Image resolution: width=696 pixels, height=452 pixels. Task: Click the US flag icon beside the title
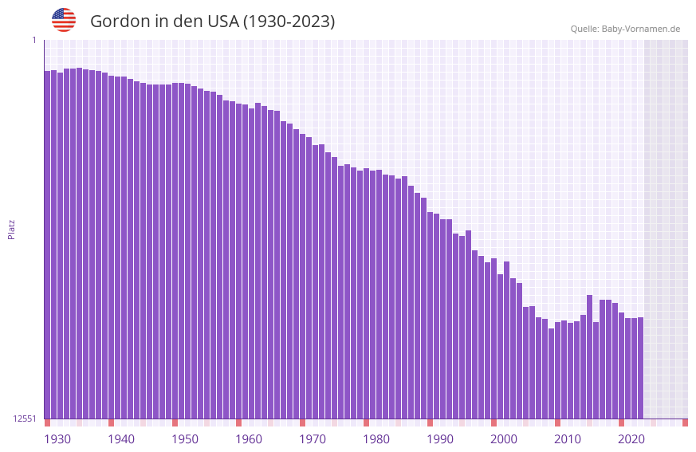64,20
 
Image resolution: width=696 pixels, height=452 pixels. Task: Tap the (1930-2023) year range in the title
289,22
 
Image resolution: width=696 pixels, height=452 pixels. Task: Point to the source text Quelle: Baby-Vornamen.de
625,29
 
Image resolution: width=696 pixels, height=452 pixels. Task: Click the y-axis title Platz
11,229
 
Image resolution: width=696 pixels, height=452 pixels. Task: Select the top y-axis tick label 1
33,40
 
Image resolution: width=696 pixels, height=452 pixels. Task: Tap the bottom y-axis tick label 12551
24,419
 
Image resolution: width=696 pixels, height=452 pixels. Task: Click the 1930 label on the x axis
57,438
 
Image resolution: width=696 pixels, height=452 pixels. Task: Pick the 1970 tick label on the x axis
313,438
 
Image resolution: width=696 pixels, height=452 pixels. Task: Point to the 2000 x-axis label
504,438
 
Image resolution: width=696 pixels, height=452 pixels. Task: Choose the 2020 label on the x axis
631,438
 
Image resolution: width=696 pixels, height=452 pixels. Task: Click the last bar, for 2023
640,367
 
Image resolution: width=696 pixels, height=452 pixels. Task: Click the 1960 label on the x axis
249,438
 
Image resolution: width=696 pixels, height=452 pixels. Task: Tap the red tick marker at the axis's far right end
685,423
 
